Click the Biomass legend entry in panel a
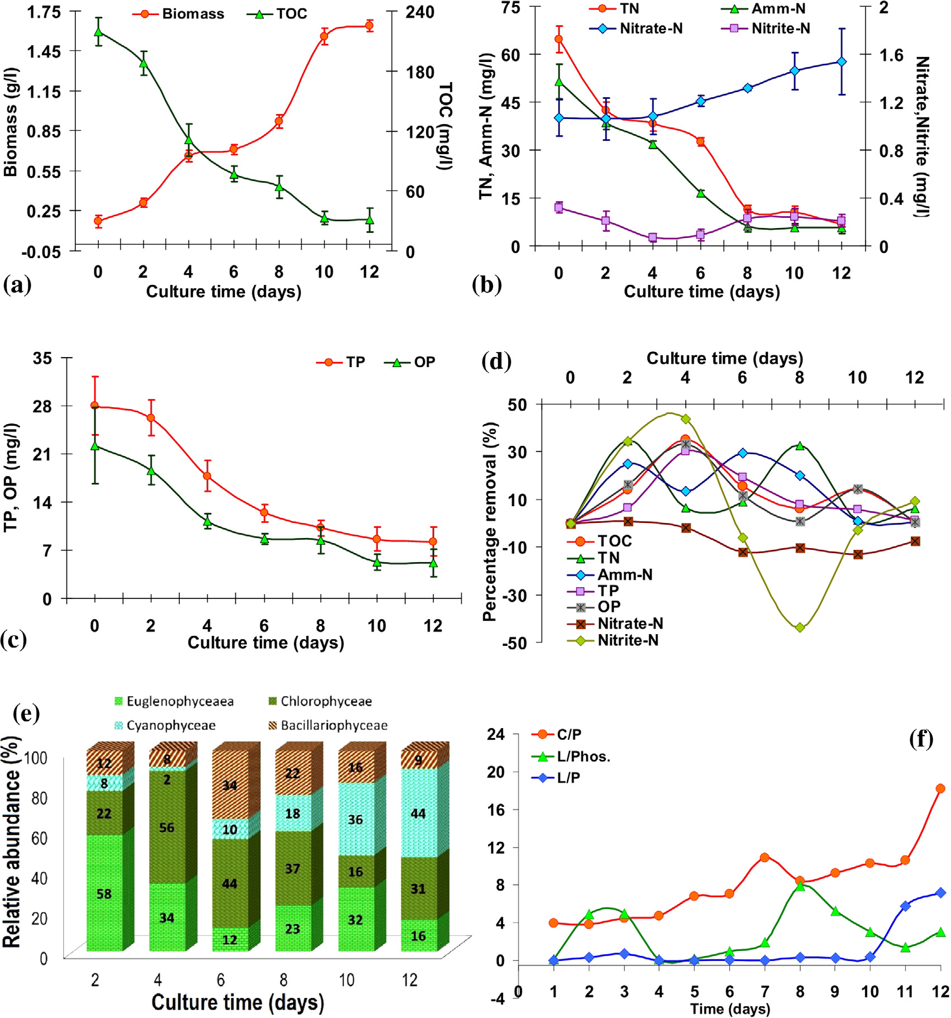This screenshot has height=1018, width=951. (x=179, y=14)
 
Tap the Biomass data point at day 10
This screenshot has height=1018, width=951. (x=324, y=36)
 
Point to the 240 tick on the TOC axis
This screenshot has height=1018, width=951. (x=419, y=12)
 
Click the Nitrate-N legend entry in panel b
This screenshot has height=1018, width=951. (x=637, y=28)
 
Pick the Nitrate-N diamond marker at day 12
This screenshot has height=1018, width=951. (x=842, y=61)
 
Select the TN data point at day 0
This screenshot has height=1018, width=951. (x=558, y=39)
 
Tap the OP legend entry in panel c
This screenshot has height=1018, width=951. (x=410, y=362)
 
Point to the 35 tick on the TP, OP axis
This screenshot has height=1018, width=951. (x=42, y=358)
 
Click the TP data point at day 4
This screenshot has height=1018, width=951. (x=207, y=476)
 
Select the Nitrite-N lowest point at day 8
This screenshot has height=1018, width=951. (x=800, y=627)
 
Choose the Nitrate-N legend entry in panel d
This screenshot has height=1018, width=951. (x=615, y=624)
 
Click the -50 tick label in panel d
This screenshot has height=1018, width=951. (x=514, y=643)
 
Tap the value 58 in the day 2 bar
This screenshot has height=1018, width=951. (x=104, y=893)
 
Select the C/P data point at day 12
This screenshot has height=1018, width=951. (x=940, y=788)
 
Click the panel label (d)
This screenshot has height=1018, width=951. (x=496, y=361)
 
